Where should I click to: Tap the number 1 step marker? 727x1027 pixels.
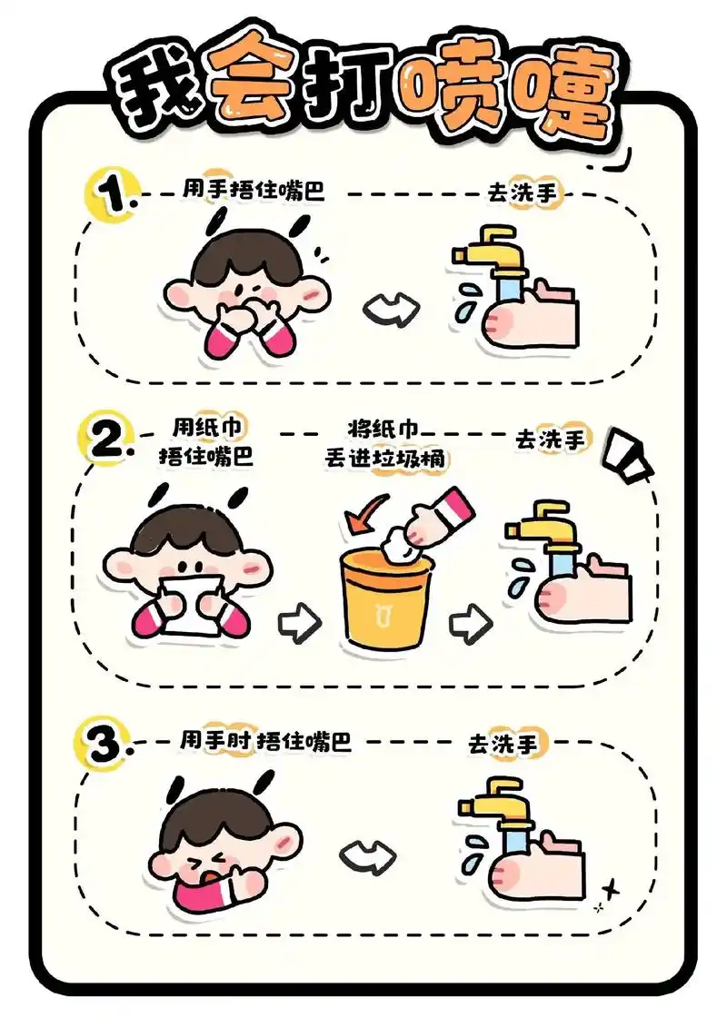click(x=112, y=194)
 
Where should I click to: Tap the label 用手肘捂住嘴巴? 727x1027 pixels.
click(x=264, y=741)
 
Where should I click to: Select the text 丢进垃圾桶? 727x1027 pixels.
click(x=385, y=459)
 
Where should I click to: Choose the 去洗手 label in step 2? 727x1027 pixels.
click(x=550, y=440)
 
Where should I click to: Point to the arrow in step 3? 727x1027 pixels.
click(x=368, y=854)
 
